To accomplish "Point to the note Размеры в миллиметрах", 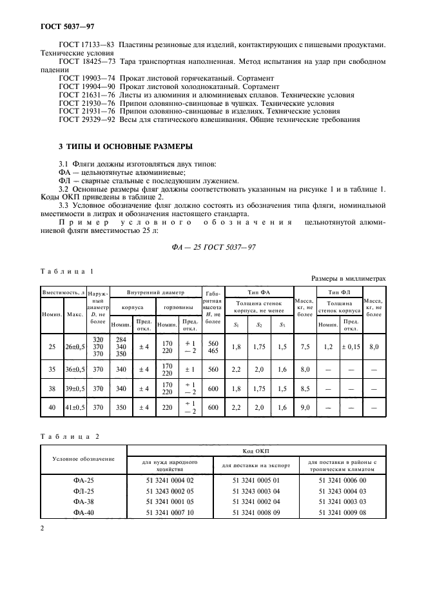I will (348, 279).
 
